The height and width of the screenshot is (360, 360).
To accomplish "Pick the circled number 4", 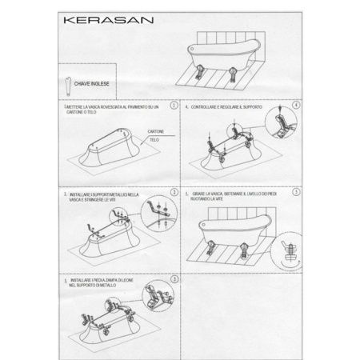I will [x=296, y=105].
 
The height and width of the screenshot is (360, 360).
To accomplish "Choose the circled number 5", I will [x=296, y=193].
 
